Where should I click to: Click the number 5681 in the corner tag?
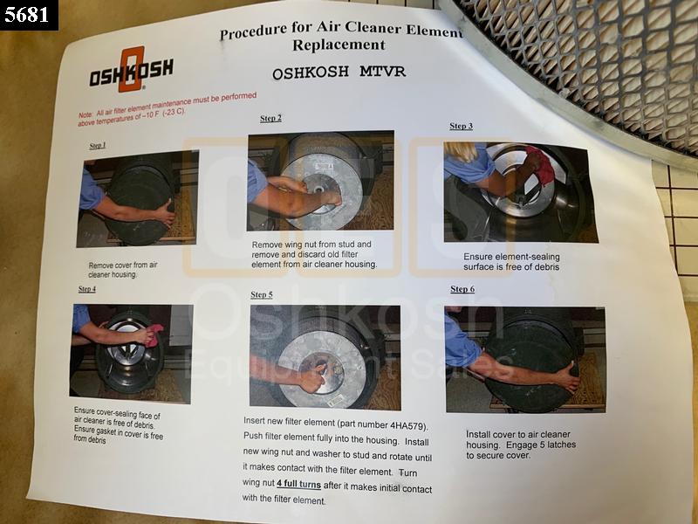click(27, 15)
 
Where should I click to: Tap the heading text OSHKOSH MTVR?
click(339, 72)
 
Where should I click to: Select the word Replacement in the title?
click(339, 45)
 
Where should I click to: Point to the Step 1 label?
click(98, 146)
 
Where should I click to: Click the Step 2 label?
click(270, 119)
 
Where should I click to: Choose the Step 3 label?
click(462, 126)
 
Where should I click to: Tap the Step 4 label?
click(86, 289)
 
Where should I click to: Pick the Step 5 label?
click(261, 294)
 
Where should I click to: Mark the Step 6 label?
click(462, 289)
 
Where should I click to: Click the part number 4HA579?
click(407, 425)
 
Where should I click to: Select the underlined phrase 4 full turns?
click(298, 484)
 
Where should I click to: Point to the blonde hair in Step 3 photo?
click(461, 151)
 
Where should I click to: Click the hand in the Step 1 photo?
click(165, 212)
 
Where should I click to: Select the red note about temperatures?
click(168, 108)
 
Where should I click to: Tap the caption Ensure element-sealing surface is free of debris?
click(511, 262)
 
